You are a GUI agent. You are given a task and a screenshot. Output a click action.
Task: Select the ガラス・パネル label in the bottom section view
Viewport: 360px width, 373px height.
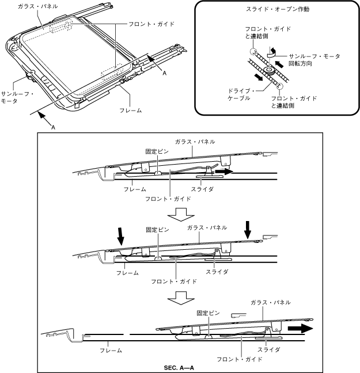click(270, 302)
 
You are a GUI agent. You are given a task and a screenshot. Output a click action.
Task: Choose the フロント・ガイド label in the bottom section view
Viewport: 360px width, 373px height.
click(239, 359)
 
